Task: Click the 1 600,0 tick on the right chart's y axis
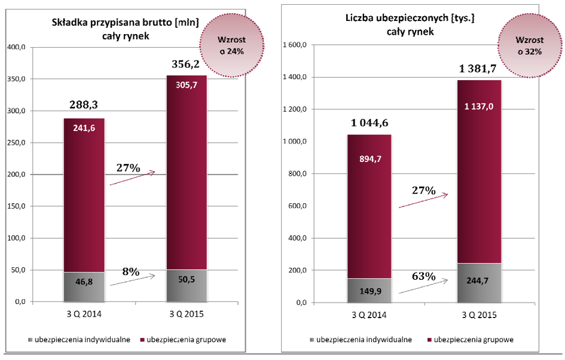[294, 45]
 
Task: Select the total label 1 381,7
[480, 68]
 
